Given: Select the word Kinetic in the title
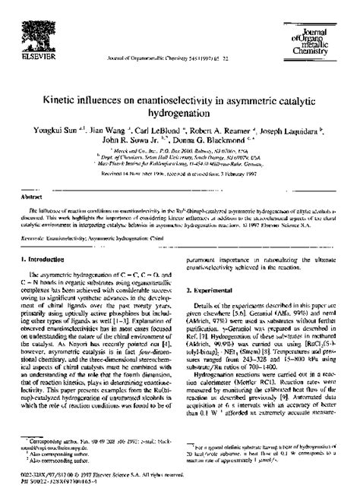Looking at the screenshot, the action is point(80,99).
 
